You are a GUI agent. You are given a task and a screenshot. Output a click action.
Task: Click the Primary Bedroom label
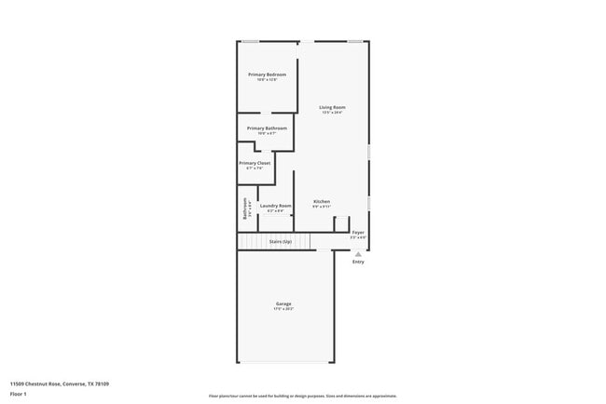tap(267, 74)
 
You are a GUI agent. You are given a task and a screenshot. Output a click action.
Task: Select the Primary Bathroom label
tap(267, 128)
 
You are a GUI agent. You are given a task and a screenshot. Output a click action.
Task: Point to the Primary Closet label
tap(255, 163)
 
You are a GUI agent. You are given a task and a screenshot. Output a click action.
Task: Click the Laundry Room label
tap(275, 206)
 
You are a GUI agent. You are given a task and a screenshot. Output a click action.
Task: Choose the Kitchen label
tap(322, 201)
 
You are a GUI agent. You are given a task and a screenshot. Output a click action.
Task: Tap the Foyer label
tap(358, 232)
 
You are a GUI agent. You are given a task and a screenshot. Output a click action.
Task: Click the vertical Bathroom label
tap(245, 208)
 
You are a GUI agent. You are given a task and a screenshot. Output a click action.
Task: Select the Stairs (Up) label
tap(280, 242)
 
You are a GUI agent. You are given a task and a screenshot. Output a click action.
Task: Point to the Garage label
tap(283, 303)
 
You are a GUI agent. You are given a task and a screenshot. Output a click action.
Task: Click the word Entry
tap(358, 262)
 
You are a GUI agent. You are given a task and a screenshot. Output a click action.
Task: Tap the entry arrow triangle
tap(358, 253)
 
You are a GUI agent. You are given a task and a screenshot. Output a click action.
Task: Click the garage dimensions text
tap(283, 309)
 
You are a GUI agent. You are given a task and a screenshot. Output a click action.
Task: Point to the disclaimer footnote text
tap(302, 396)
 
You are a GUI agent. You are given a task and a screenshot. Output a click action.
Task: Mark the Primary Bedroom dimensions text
tap(267, 80)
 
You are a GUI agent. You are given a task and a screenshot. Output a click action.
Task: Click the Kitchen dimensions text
tap(322, 207)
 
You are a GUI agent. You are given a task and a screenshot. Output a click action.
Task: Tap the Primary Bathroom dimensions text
tap(267, 134)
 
